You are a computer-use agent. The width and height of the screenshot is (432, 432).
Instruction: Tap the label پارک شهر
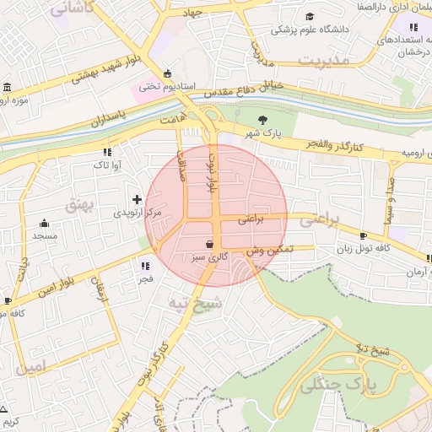coord(262,134)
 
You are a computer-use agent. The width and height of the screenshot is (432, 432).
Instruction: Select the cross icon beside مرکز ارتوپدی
coord(138,200)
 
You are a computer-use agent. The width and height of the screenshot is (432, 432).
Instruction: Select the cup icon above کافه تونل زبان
coord(363,235)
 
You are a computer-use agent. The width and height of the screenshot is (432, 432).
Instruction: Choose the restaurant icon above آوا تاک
coord(106,151)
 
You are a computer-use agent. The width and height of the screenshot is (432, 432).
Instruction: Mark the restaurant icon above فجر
coord(144,266)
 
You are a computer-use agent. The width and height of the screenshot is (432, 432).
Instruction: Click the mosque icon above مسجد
coord(45,224)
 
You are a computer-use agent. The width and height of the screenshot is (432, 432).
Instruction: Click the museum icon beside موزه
coord(7,89)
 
